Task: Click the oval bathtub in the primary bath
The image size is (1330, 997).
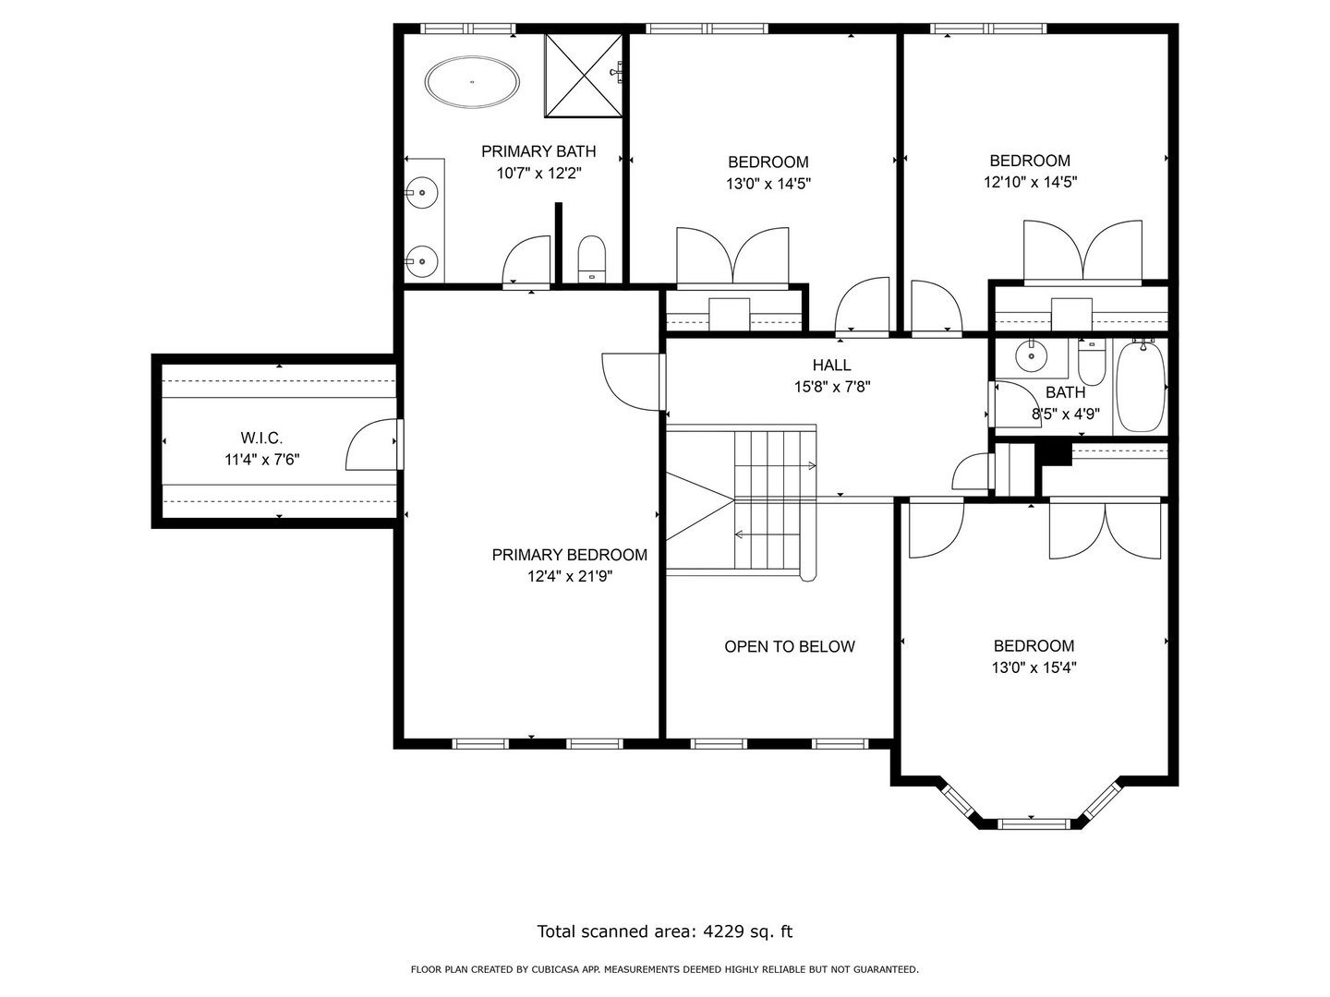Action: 472,82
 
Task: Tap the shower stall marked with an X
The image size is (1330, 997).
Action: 584,75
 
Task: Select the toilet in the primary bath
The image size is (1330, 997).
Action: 591,259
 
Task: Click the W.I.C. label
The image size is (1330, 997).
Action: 261,437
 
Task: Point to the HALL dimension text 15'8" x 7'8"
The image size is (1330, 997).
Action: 832,387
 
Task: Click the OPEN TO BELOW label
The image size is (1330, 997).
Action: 790,646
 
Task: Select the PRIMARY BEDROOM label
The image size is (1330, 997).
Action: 569,555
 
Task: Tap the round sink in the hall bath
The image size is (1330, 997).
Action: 1031,356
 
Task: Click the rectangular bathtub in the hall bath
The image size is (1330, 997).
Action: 1141,386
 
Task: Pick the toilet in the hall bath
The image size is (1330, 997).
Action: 1092,362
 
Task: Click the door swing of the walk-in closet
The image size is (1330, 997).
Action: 371,444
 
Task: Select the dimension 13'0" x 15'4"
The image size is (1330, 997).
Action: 1034,667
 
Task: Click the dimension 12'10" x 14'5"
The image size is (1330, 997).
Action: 1030,182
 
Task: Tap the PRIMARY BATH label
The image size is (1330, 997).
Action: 538,151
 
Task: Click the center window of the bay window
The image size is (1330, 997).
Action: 1031,823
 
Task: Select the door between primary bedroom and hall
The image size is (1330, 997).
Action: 632,382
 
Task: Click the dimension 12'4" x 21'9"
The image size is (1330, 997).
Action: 570,576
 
